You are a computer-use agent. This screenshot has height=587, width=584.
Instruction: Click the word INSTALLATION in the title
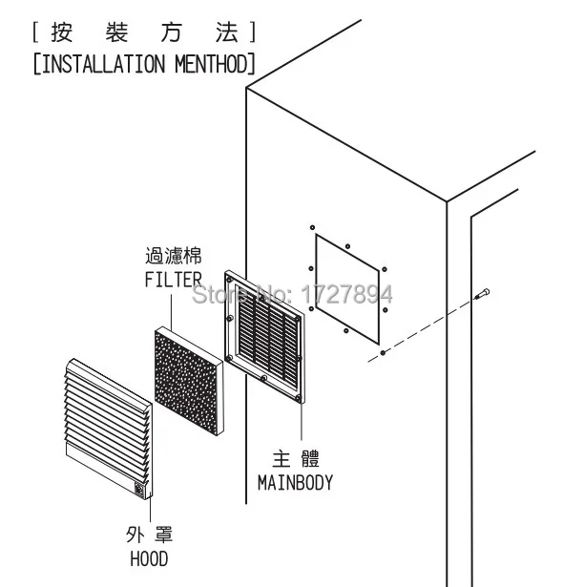pos(103,64)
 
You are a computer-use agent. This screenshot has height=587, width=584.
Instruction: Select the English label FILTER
pos(174,280)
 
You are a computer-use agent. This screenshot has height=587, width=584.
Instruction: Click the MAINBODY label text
pos(296,483)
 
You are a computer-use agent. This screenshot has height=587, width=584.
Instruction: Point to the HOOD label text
pos(149,559)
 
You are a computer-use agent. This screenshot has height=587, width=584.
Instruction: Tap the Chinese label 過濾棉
pos(174,256)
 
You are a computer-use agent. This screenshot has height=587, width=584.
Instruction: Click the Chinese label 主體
pos(296,459)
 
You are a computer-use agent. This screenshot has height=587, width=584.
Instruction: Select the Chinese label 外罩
pos(150,535)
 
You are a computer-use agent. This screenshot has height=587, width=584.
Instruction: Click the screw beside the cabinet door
pos(482,294)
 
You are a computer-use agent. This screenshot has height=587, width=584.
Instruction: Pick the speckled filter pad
pos(189,380)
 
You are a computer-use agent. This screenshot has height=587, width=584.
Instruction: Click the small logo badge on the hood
pos(139,490)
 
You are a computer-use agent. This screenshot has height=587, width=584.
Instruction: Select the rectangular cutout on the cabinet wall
pos(347,289)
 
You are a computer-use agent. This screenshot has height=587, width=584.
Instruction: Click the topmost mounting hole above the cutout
pos(312,227)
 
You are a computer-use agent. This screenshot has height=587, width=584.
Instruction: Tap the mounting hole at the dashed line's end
pos(383,352)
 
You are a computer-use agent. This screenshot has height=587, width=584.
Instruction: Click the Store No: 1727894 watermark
pos(292,294)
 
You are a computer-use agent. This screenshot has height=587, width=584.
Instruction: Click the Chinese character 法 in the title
pos(227,32)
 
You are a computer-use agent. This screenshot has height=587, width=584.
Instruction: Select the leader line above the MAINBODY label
pos(302,419)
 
